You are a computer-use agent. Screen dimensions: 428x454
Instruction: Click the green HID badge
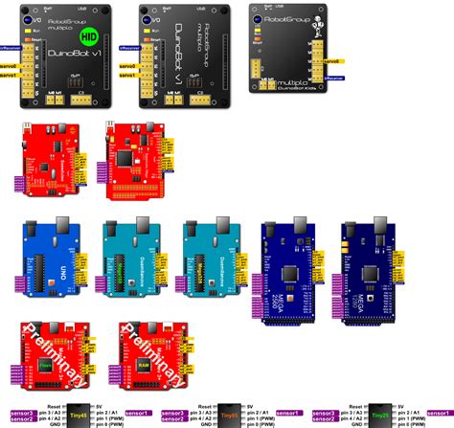pyautogui.click(x=89, y=37)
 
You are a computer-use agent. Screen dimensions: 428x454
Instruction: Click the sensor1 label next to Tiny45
pyautogui.click(x=138, y=413)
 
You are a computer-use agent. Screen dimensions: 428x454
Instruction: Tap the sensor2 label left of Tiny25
pyautogui.click(x=326, y=419)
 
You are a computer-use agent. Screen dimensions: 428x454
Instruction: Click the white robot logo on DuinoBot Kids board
pyautogui.click(x=323, y=20)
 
